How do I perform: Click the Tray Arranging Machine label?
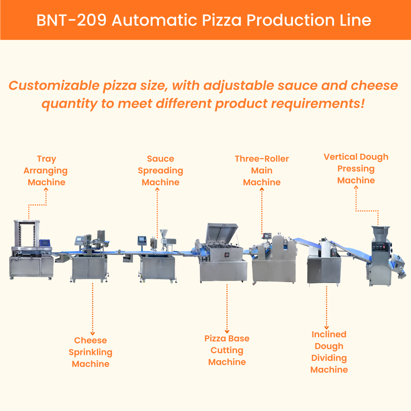click(46, 170)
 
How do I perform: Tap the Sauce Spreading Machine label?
click(161, 170)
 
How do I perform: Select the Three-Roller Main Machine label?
click(262, 170)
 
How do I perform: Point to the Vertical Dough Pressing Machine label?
click(356, 169)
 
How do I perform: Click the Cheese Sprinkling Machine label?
click(91, 352)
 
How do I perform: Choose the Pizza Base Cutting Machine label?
click(227, 350)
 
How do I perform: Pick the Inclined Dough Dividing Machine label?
click(329, 352)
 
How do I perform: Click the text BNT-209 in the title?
click(71, 20)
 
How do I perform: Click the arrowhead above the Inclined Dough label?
click(327, 328)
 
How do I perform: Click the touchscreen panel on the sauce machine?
click(142, 240)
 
